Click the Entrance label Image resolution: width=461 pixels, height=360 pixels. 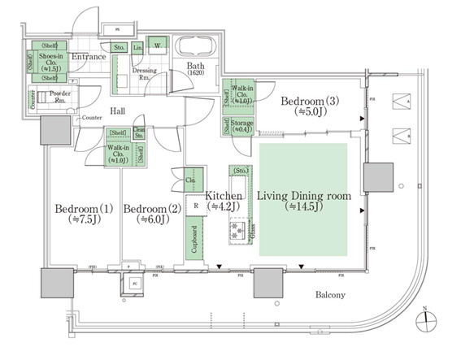point(88,57)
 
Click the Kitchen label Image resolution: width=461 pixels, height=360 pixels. point(220,201)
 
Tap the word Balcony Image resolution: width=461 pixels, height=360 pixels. point(330,295)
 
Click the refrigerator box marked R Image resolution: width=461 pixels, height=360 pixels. point(196,206)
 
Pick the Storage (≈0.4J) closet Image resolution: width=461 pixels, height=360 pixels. point(241,126)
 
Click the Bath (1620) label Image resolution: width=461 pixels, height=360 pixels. point(195,68)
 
